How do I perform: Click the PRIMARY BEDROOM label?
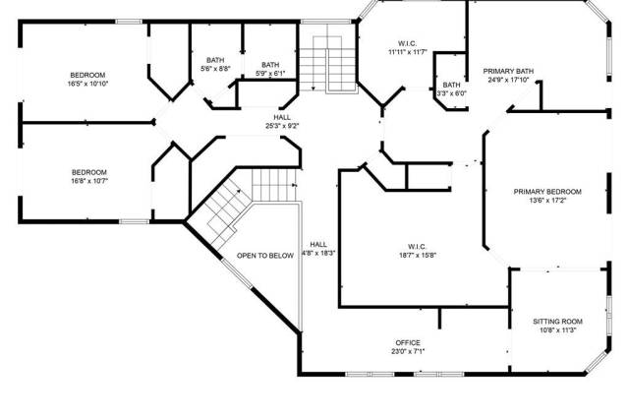(x=547, y=192)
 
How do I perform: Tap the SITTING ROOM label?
(x=557, y=322)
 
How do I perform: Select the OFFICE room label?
(x=408, y=343)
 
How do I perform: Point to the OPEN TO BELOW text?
(x=265, y=256)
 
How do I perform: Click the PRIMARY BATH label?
(x=508, y=71)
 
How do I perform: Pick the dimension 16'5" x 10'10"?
(x=88, y=84)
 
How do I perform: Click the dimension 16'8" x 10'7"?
(x=89, y=181)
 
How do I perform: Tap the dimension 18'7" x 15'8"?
(x=417, y=256)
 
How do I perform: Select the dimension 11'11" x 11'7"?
(x=408, y=52)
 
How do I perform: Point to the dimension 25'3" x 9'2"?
(x=282, y=126)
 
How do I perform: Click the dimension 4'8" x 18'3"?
(x=318, y=254)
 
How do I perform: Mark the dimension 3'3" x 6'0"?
(x=452, y=93)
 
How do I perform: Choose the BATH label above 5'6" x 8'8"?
(x=215, y=60)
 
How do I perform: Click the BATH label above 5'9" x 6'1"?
(x=270, y=65)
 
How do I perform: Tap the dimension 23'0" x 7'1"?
(x=408, y=352)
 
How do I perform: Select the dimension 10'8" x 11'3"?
(x=557, y=330)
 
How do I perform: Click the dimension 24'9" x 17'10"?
(x=508, y=80)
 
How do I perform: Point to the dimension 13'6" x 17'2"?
(x=547, y=201)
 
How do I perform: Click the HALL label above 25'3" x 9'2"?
(x=282, y=117)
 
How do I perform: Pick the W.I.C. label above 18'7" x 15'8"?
(x=417, y=247)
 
